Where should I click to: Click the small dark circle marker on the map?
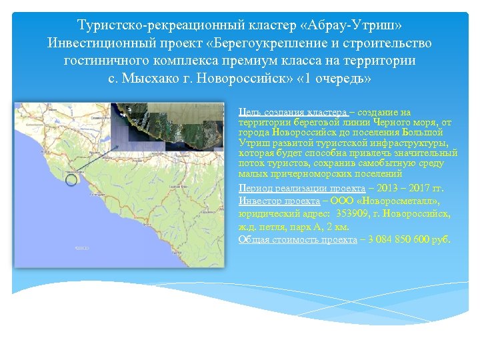(x=71, y=178)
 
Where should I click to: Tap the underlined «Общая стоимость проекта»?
(x=297, y=239)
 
